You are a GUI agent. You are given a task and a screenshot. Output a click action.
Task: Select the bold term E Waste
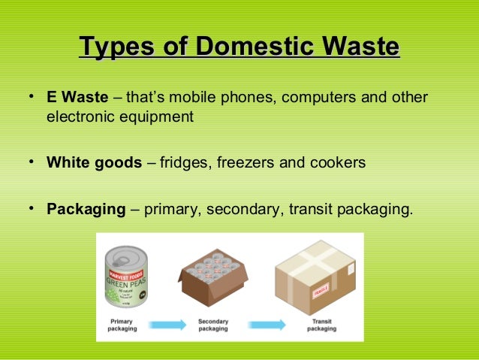coord(77,98)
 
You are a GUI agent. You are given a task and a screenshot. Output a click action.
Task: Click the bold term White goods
coord(94,162)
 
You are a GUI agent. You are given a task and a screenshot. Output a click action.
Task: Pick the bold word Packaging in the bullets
coord(86,209)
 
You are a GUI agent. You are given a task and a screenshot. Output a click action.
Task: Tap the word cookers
coord(341,162)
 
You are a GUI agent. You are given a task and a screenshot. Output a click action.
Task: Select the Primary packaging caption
coord(122,325)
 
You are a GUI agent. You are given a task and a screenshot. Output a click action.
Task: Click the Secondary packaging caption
coord(212,325)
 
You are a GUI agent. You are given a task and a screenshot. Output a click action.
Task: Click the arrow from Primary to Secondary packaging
coord(166,325)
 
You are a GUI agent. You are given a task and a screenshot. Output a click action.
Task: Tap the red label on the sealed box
coord(321,289)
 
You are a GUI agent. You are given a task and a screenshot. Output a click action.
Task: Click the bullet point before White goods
coord(33,162)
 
